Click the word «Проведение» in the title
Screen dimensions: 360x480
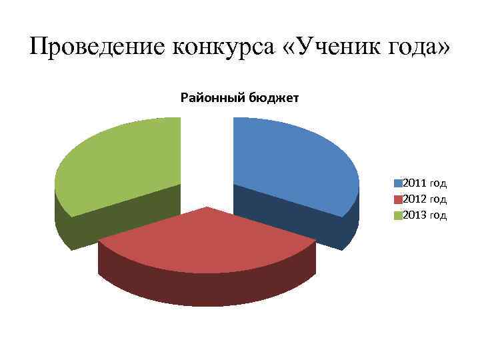(x=97, y=47)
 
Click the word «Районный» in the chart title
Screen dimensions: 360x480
(x=213, y=99)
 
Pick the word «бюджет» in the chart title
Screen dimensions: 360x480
(x=274, y=99)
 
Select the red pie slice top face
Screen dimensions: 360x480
(x=207, y=240)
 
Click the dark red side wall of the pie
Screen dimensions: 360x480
(x=207, y=287)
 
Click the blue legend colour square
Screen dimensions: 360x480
(x=399, y=183)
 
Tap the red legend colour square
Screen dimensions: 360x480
(x=399, y=199)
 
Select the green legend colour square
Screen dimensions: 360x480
(x=399, y=215)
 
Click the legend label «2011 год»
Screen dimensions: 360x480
(x=425, y=183)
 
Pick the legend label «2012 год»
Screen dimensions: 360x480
(x=425, y=199)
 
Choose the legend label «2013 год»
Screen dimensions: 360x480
(x=425, y=215)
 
